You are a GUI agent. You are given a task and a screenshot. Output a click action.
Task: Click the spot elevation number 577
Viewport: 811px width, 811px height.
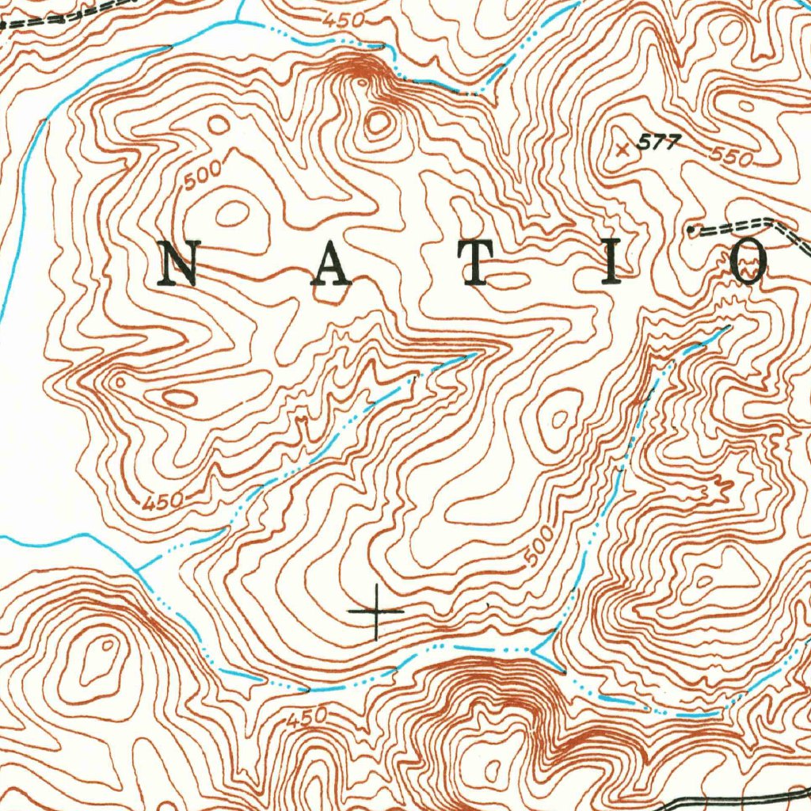[x=659, y=143]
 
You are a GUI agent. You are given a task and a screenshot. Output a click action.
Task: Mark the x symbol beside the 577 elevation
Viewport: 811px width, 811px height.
[x=623, y=148]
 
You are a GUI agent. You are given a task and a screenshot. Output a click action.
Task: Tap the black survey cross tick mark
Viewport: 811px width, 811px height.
[x=376, y=612]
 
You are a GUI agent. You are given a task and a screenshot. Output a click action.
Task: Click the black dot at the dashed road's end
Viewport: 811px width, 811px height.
[x=691, y=230]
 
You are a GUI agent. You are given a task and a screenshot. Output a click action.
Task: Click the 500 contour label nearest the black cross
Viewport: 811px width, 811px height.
[x=539, y=550]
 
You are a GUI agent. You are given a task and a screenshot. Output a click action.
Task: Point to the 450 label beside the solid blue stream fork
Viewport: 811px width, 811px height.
[x=164, y=501]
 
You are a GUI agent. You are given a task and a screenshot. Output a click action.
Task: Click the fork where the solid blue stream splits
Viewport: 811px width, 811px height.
[x=139, y=568]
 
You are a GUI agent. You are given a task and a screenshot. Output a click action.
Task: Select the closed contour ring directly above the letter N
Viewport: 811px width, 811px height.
[x=233, y=212]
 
